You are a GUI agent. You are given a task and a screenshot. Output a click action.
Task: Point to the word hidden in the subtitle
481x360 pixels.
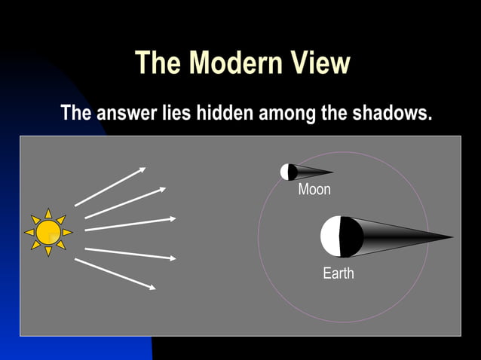pos(225,114)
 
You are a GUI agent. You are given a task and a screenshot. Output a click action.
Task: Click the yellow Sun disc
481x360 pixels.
pos(48,232)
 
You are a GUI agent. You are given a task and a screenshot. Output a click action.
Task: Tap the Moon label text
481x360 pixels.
pos(314,190)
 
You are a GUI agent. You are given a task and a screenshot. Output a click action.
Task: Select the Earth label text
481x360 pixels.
pos(339,273)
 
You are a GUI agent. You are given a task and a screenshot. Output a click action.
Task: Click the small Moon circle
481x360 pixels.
pos(287,172)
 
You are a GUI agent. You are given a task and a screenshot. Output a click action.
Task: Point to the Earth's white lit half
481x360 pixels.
pos(330,236)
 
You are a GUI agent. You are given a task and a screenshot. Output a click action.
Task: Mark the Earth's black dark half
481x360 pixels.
pos(351,236)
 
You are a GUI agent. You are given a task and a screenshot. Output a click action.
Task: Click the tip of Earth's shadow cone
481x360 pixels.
pos(452,238)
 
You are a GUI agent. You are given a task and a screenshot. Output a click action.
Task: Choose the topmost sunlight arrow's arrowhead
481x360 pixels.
pos(142,169)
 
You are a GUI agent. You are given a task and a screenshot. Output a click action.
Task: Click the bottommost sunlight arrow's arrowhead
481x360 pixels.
pos(153,288)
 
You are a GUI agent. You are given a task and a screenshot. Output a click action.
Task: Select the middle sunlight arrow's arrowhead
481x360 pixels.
pos(173,218)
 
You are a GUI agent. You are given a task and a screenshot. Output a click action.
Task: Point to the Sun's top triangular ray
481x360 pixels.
pos(48,213)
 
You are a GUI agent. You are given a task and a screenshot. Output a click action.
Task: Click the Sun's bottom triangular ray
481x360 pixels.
pos(48,252)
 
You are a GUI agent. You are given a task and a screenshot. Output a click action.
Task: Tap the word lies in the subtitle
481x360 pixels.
pos(176,114)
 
